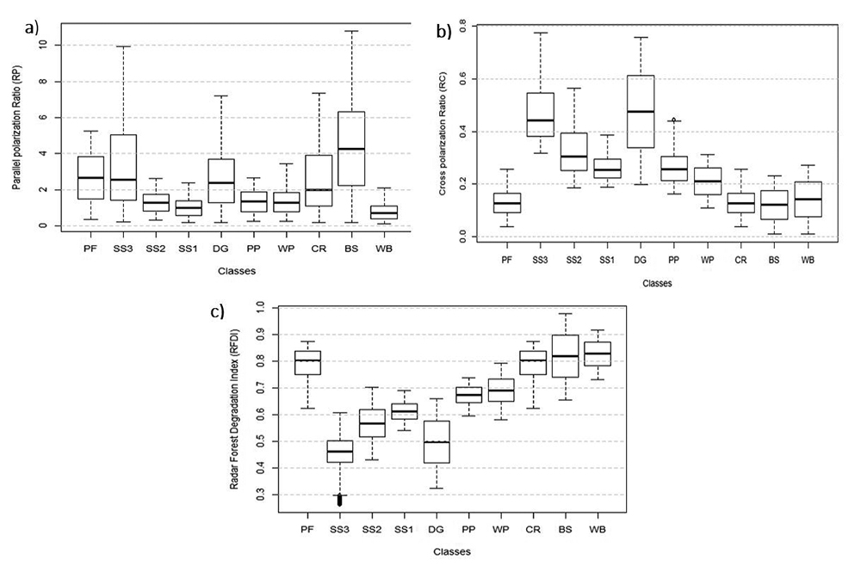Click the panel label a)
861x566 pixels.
33,28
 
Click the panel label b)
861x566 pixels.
444,34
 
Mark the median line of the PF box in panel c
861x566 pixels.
308,360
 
